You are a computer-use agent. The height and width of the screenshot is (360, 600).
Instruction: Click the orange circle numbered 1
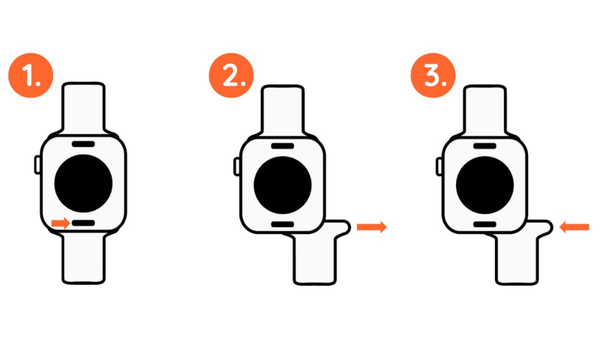tap(31, 76)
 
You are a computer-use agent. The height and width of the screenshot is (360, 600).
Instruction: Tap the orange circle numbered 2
tap(231, 76)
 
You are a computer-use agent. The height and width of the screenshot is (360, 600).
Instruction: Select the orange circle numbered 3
tap(433, 76)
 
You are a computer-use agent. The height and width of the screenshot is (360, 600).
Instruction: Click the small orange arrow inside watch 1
tap(61, 223)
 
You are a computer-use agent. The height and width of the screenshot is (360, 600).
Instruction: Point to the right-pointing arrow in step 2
tap(371, 227)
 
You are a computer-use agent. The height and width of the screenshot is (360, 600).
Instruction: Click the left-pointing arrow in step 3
tap(574, 227)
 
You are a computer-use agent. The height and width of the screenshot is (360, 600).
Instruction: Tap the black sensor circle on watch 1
tap(83, 184)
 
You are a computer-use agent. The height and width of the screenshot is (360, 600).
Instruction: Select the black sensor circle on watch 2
tap(283, 185)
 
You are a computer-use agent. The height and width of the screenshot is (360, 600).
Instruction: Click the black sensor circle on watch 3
tap(485, 185)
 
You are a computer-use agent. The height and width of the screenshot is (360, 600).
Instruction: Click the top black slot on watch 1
tap(83, 144)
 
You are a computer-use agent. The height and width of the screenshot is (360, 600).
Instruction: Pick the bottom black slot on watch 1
tap(83, 223)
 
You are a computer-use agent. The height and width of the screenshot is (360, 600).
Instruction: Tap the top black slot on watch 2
tap(283, 146)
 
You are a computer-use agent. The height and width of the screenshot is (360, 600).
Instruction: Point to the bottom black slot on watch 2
tap(283, 224)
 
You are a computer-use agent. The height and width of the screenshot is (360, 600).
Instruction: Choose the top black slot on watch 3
tap(485, 146)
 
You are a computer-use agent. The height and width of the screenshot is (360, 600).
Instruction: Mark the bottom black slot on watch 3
tap(485, 224)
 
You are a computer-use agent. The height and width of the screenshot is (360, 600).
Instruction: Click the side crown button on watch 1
tap(37, 164)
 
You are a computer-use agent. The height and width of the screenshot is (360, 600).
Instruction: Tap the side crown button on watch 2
tap(237, 166)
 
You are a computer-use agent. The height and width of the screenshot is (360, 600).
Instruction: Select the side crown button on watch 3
tap(439, 166)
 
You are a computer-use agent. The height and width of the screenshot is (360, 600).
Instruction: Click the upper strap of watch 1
tap(83, 109)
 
